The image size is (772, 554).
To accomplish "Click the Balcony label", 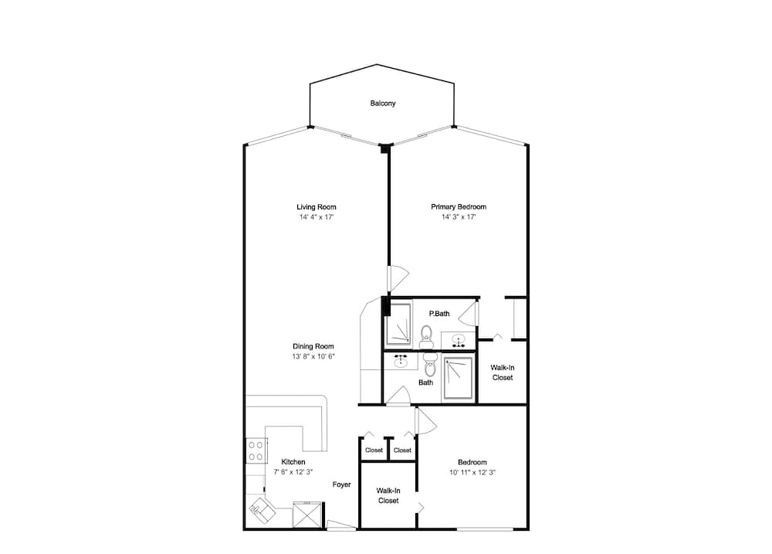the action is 383,104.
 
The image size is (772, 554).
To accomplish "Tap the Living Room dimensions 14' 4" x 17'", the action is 317,217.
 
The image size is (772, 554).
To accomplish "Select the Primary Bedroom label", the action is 459,207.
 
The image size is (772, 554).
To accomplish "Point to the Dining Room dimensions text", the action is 313,356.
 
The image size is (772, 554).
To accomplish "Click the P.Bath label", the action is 439,314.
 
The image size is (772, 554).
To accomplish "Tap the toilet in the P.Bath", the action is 426,336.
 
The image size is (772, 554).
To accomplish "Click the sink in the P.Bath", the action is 459,341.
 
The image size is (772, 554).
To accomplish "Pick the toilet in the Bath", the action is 430,363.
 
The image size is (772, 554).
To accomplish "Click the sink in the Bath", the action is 401,361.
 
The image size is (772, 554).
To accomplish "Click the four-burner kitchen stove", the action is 256,450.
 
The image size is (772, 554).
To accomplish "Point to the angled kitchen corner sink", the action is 262,510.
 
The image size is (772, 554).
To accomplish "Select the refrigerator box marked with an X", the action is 306,515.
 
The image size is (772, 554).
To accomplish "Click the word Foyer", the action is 342,484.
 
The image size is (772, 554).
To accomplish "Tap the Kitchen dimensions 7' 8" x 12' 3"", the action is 293,471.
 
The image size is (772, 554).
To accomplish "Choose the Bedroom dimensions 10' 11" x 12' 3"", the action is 472,472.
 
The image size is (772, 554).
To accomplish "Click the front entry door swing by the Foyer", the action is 340,525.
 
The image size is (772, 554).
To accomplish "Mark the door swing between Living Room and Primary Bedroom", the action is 398,278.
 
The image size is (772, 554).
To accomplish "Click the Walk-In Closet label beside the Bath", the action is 503,372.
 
